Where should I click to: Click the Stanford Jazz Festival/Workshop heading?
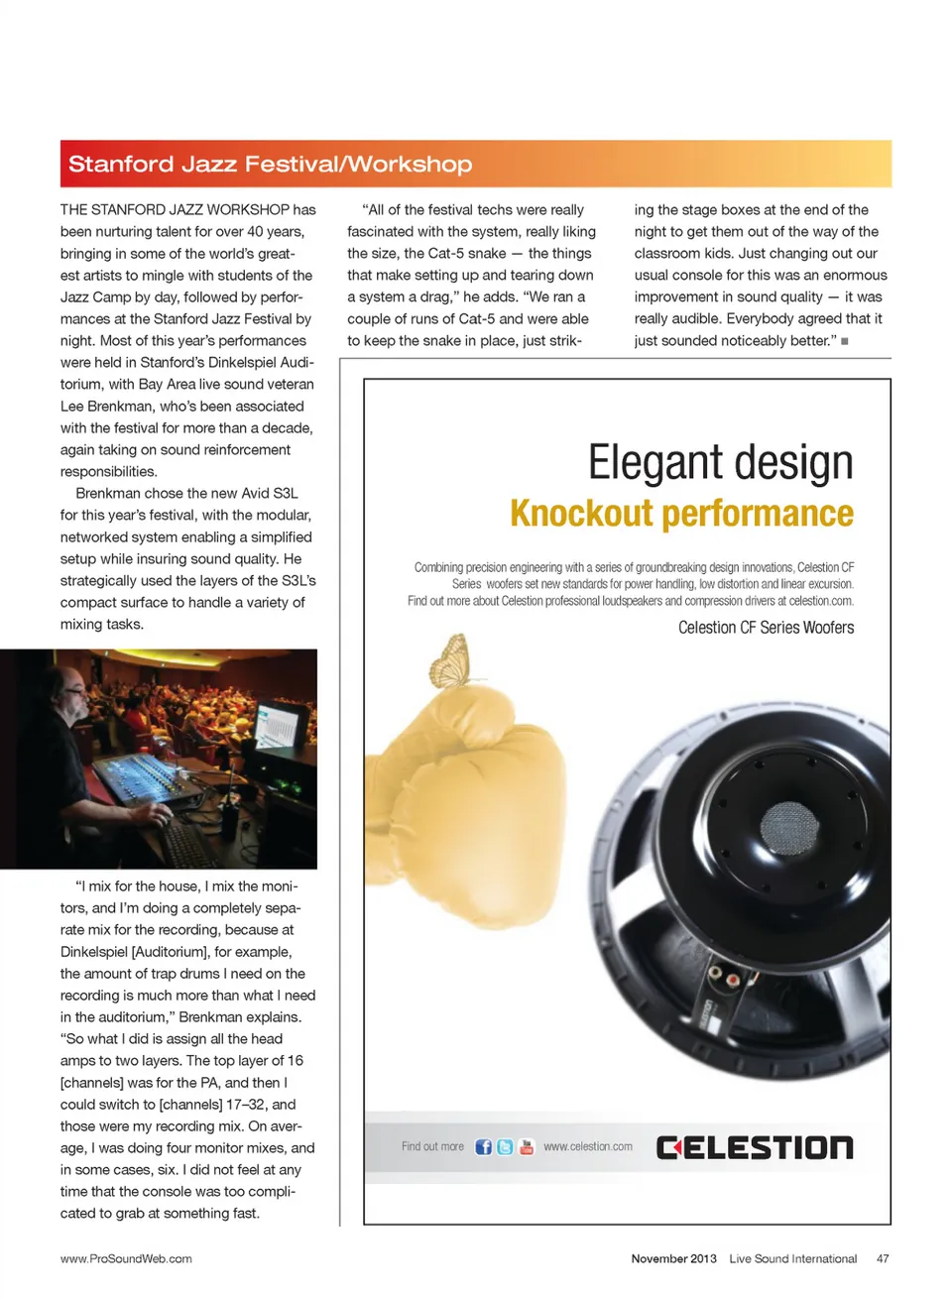click(270, 164)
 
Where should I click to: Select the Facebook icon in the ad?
click(483, 1147)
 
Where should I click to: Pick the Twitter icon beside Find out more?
click(505, 1147)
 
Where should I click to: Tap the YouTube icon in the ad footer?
click(527, 1147)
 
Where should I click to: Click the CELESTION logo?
click(755, 1148)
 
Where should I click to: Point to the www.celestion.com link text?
click(587, 1147)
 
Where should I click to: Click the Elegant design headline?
click(720, 463)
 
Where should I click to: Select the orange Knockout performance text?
click(681, 514)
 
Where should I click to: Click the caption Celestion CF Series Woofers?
click(766, 628)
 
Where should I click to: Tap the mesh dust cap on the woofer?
click(789, 826)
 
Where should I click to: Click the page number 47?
click(883, 1259)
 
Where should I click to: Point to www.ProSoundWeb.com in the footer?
click(126, 1259)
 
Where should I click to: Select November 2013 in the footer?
click(673, 1259)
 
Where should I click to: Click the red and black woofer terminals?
click(724, 981)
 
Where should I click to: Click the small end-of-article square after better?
click(845, 341)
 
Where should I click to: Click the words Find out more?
click(432, 1147)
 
